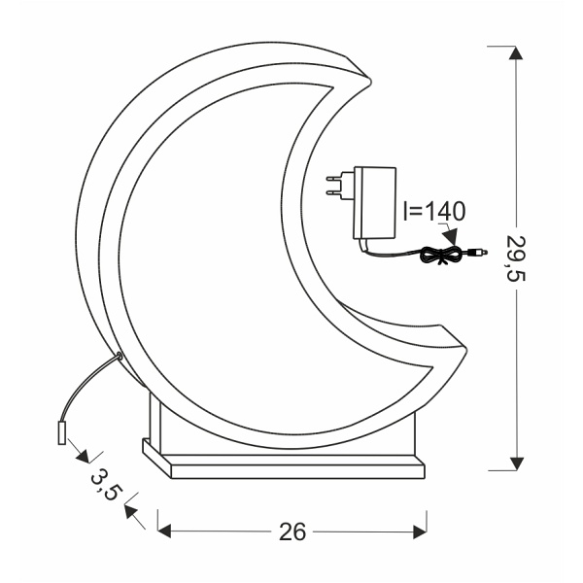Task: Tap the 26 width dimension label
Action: point(292,532)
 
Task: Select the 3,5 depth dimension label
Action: point(104,484)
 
